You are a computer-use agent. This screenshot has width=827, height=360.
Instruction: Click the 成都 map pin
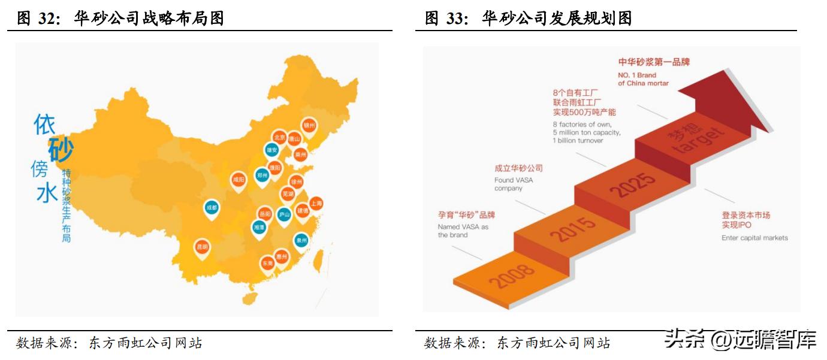point(211,208)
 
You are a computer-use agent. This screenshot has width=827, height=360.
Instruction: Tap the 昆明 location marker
point(202,247)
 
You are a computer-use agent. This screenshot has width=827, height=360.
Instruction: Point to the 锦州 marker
point(309,125)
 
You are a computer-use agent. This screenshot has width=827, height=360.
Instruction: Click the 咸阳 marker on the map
point(239,179)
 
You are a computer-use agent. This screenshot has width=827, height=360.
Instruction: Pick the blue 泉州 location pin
point(301,240)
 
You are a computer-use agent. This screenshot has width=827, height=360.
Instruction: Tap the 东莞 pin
point(267,263)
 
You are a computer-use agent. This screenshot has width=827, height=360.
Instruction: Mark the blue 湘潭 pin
point(259,228)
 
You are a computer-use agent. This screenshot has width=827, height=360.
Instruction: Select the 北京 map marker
point(279,137)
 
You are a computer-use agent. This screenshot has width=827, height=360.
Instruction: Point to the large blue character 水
point(47,193)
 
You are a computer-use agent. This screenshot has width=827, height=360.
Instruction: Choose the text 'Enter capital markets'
point(754,238)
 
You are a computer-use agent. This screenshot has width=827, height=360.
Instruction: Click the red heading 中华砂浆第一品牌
point(654,62)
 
